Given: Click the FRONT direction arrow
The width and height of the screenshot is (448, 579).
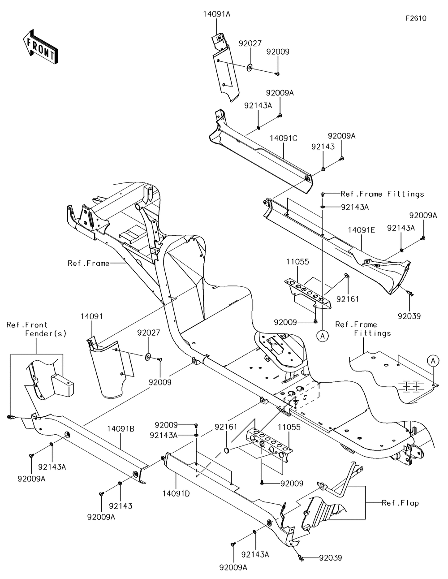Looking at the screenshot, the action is click(x=40, y=46).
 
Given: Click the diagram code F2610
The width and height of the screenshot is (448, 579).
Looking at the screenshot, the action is click(x=416, y=18).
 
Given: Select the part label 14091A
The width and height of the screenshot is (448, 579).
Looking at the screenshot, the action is click(x=216, y=14).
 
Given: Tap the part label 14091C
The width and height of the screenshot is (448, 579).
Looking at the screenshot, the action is click(x=284, y=138).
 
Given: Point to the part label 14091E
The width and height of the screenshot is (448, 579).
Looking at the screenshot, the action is click(x=361, y=230).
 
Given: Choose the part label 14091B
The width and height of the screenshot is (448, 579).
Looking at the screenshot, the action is click(x=121, y=429).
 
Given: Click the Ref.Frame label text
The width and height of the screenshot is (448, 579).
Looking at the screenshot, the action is click(x=88, y=263).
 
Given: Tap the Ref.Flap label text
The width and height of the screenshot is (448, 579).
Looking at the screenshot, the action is click(x=401, y=503).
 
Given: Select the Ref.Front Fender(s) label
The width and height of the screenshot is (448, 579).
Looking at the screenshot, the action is click(x=36, y=329).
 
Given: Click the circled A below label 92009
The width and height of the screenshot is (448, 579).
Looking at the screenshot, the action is click(x=323, y=336).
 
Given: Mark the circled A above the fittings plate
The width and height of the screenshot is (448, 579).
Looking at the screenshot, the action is click(x=433, y=361).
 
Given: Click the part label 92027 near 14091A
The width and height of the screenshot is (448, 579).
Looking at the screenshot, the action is click(x=250, y=43).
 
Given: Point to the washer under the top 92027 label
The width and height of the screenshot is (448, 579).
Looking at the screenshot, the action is click(x=250, y=68).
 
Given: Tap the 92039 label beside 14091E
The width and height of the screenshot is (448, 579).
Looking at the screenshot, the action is click(x=409, y=316).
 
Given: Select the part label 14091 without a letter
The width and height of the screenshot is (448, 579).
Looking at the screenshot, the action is click(x=92, y=316).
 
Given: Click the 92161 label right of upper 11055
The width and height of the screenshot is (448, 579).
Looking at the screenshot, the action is click(x=348, y=299).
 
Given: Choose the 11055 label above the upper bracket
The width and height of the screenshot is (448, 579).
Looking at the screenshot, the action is click(x=297, y=262).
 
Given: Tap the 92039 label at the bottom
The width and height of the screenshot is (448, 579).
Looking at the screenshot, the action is click(x=330, y=557).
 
